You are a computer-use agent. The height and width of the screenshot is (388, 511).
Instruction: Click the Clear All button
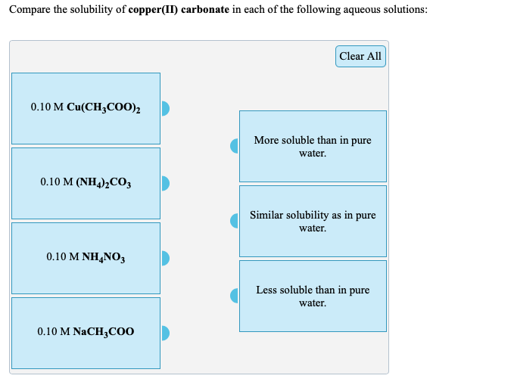(360, 56)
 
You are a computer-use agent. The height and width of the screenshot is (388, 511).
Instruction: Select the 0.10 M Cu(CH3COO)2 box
(86, 107)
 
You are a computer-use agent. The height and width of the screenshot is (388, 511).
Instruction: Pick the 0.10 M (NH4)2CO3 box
(86, 182)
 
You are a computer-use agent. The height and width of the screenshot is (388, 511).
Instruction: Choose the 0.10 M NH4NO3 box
(86, 257)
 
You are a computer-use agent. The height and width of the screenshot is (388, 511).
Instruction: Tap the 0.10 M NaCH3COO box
(86, 332)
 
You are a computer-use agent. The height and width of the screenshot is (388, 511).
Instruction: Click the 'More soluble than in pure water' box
(313, 146)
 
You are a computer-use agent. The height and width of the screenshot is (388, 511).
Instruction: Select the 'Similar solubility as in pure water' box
(313, 221)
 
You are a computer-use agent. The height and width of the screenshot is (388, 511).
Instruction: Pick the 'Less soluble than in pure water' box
(313, 296)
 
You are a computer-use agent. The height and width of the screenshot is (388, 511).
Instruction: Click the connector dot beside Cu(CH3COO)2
(164, 108)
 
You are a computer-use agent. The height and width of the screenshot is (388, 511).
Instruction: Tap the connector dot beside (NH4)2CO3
(164, 183)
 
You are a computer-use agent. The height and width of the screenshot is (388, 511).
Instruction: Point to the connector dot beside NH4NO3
(164, 258)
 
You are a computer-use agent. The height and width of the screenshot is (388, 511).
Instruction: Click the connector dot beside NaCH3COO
(164, 333)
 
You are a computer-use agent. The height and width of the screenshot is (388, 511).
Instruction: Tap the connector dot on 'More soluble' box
(235, 145)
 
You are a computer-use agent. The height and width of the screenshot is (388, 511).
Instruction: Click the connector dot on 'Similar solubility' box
(235, 220)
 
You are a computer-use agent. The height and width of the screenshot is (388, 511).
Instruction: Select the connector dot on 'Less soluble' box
(235, 295)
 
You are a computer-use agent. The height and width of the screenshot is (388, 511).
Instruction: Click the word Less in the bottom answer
(266, 290)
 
